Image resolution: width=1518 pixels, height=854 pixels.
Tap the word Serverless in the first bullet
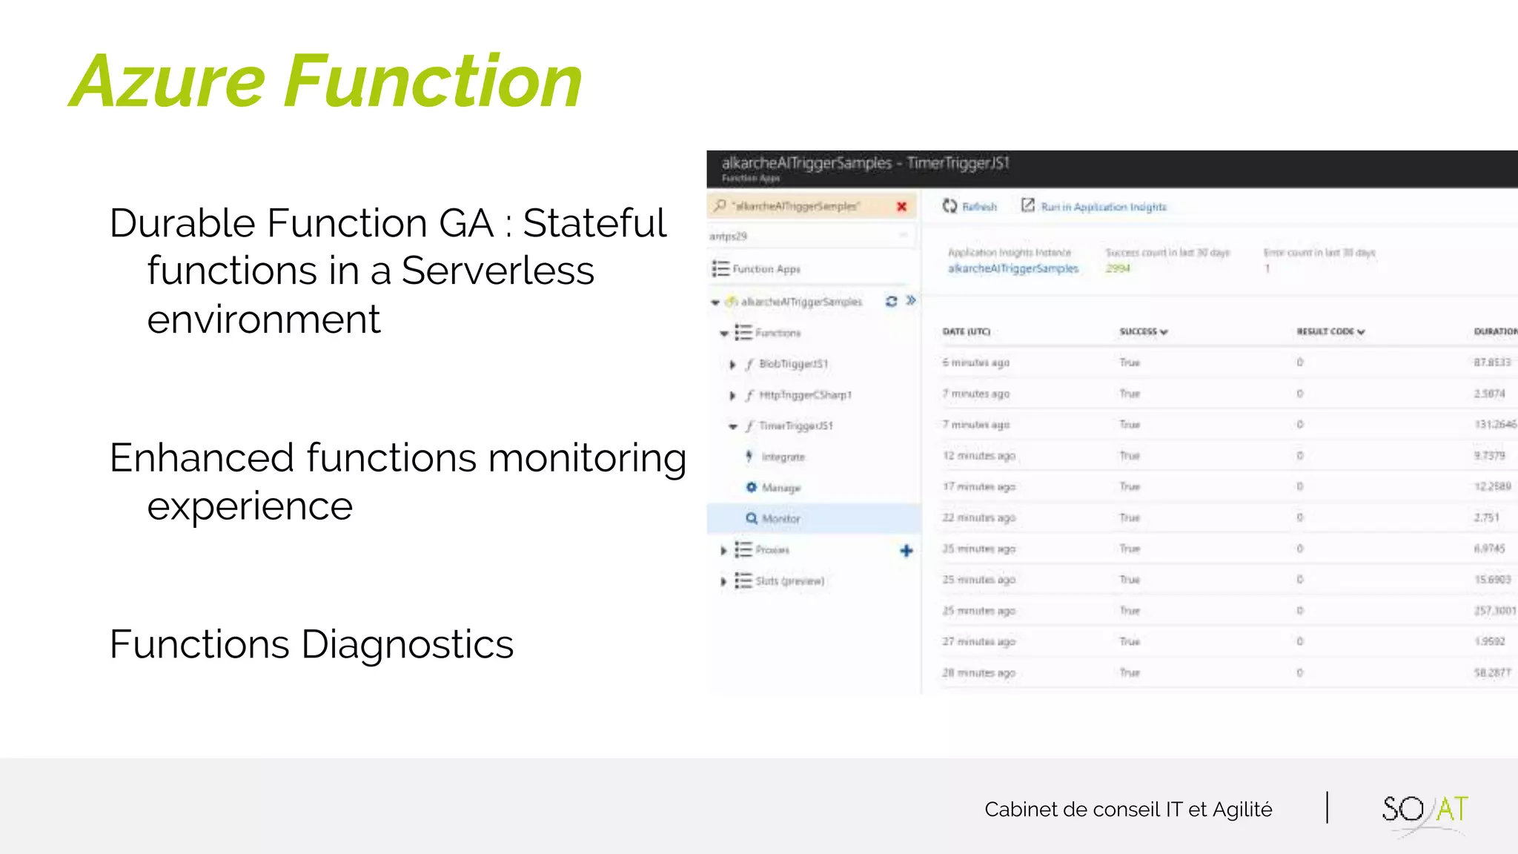click(x=497, y=271)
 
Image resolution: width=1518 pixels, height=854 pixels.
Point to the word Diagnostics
click(x=407, y=644)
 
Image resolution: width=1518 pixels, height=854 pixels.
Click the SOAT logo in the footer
click(x=1424, y=810)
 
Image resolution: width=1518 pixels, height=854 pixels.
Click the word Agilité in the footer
click(x=1242, y=810)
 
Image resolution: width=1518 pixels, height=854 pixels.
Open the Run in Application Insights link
click(x=1103, y=207)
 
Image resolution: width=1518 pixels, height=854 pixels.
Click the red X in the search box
click(x=901, y=207)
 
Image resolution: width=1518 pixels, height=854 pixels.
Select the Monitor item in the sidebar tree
click(x=780, y=519)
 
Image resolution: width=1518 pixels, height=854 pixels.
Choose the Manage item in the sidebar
click(x=780, y=488)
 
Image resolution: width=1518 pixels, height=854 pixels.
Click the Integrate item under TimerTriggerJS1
click(x=783, y=457)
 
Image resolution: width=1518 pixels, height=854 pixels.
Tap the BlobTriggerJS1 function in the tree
click(x=793, y=364)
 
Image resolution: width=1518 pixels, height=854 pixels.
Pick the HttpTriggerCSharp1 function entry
click(x=805, y=395)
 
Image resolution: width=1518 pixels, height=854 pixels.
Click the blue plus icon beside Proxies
click(x=906, y=550)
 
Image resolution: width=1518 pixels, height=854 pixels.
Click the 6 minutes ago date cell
click(x=975, y=363)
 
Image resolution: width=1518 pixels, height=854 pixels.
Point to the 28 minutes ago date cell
click(x=978, y=672)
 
